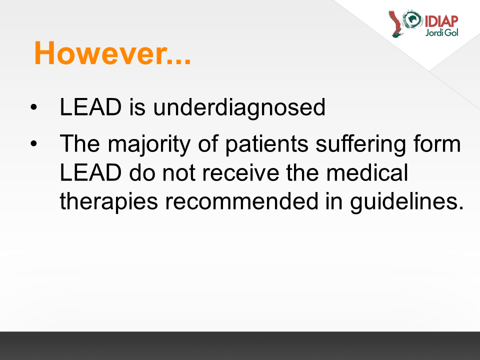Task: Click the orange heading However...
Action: click(x=112, y=53)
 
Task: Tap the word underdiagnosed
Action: click(x=239, y=108)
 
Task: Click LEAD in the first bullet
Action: click(x=90, y=107)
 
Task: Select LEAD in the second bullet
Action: click(x=90, y=172)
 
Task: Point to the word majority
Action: click(x=149, y=144)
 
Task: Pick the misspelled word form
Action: click(x=437, y=143)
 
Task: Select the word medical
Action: click(x=367, y=172)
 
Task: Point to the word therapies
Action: click(x=108, y=202)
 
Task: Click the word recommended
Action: click(x=242, y=201)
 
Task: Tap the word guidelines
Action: click(x=407, y=202)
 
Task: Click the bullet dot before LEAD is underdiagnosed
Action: click(x=33, y=107)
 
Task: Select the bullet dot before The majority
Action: click(x=33, y=143)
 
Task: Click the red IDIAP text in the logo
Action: click(x=441, y=21)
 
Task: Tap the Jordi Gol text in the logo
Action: click(x=441, y=32)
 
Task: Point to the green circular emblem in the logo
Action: click(x=412, y=19)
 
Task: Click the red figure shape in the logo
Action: click(x=396, y=24)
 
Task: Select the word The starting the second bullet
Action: click(x=80, y=143)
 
